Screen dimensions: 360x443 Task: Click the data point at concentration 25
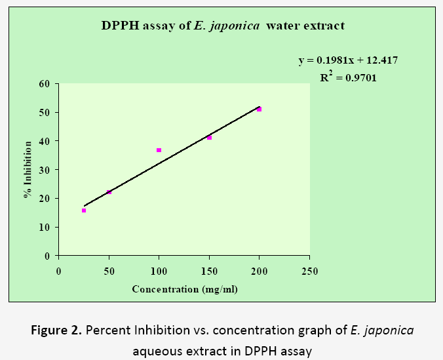(x=84, y=210)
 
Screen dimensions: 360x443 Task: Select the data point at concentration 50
(x=109, y=191)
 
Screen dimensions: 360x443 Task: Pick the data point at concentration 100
(x=159, y=150)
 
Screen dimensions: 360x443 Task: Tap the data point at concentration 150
(x=209, y=138)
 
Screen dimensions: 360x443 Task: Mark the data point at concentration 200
(x=260, y=110)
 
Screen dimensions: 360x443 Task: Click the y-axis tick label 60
(x=45, y=83)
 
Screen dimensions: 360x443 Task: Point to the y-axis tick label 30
(x=45, y=169)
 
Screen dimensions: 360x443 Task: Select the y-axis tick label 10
(x=45, y=227)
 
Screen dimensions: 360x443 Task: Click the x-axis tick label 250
(x=309, y=271)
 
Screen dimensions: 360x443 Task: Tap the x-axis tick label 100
(x=159, y=271)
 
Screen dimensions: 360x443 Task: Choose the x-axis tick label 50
(x=109, y=271)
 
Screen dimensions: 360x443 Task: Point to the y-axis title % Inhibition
(x=29, y=170)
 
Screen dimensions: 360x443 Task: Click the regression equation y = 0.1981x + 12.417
(x=348, y=60)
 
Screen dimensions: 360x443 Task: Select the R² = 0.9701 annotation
(x=348, y=77)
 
